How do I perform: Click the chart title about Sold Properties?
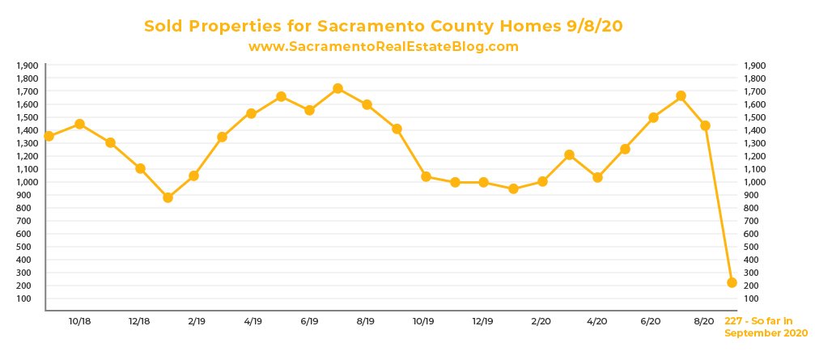point(383,27)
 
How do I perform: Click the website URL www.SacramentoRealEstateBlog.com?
point(383,47)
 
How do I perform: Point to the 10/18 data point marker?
point(79,124)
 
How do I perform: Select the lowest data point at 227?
point(732,282)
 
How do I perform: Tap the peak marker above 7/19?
point(337,88)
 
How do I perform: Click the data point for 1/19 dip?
point(168,197)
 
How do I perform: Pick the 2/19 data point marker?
point(193,176)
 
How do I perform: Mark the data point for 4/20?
point(597,177)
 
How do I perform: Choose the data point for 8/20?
point(705,125)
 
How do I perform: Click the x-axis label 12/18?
point(139,321)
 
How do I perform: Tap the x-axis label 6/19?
point(308,321)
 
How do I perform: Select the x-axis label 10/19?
point(423,321)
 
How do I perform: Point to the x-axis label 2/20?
point(540,321)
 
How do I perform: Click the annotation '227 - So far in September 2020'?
point(766,327)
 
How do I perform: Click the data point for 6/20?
point(653,117)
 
